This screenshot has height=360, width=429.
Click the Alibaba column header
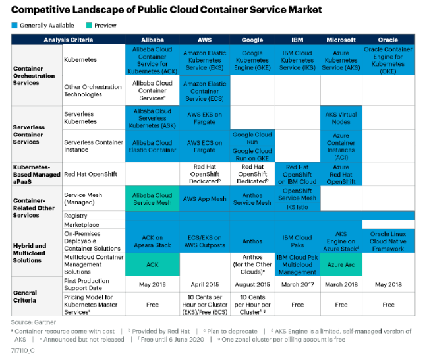tap(152, 40)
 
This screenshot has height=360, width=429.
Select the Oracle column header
tap(388, 40)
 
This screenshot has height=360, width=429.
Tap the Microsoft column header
tap(341, 40)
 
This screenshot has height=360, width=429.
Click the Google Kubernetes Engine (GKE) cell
tap(252, 59)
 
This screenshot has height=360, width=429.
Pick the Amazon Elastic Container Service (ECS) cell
tap(205, 91)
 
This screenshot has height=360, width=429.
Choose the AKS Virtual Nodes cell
tap(341, 118)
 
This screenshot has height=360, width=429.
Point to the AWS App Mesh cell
tap(205, 198)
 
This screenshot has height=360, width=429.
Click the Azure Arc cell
tap(341, 264)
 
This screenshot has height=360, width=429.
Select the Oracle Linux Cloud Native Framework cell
tap(388, 241)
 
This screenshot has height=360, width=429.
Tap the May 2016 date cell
tap(152, 285)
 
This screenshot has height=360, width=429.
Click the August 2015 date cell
tap(252, 285)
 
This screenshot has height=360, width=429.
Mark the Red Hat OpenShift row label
tap(88, 174)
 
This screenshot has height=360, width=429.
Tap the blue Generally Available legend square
tap(14, 26)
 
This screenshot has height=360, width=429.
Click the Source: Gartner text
tap(33, 321)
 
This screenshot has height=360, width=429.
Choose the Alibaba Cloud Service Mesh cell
tap(152, 198)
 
